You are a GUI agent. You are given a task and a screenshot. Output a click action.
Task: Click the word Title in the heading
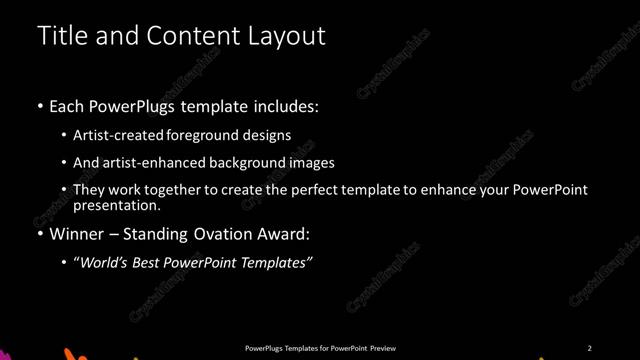[60, 36]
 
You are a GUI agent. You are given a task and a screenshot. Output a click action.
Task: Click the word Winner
[75, 235]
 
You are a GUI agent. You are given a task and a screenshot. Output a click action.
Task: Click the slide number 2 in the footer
[590, 347]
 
